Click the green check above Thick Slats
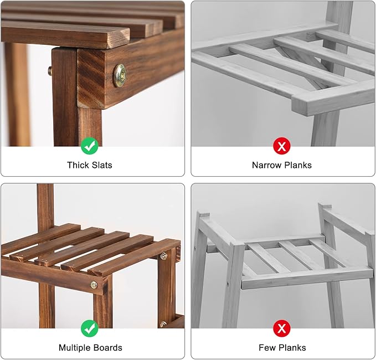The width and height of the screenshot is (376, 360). (x=90, y=146)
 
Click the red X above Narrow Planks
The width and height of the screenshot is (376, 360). (x=282, y=146)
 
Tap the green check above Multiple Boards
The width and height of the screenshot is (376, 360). (x=90, y=328)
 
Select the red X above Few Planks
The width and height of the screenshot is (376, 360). (x=282, y=328)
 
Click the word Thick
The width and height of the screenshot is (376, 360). (x=78, y=165)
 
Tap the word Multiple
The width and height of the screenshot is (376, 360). (x=75, y=348)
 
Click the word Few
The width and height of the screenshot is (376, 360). (x=267, y=348)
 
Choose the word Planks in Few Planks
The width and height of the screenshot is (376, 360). (x=293, y=348)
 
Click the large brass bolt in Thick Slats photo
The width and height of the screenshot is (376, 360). (x=120, y=75)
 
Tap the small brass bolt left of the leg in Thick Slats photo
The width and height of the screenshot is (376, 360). (x=50, y=71)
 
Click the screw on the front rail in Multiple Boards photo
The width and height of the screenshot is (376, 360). (x=95, y=285)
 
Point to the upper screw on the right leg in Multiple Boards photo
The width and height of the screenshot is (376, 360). (x=163, y=256)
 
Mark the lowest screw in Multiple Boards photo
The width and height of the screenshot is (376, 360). (x=163, y=324)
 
